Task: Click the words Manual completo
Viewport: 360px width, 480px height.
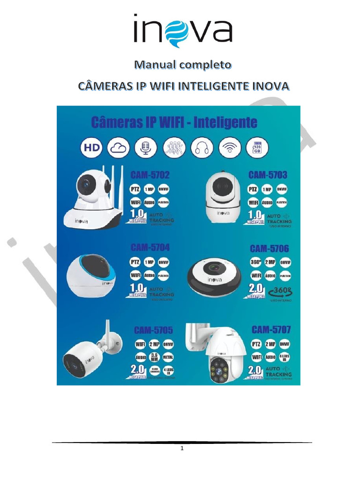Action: click(x=182, y=64)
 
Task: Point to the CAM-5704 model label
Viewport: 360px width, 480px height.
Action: click(x=150, y=247)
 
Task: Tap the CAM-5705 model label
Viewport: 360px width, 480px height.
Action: click(x=152, y=330)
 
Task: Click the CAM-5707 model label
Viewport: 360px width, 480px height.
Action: click(x=270, y=330)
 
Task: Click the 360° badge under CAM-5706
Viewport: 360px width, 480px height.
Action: click(x=256, y=262)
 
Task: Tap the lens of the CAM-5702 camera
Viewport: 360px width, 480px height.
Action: click(x=87, y=184)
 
